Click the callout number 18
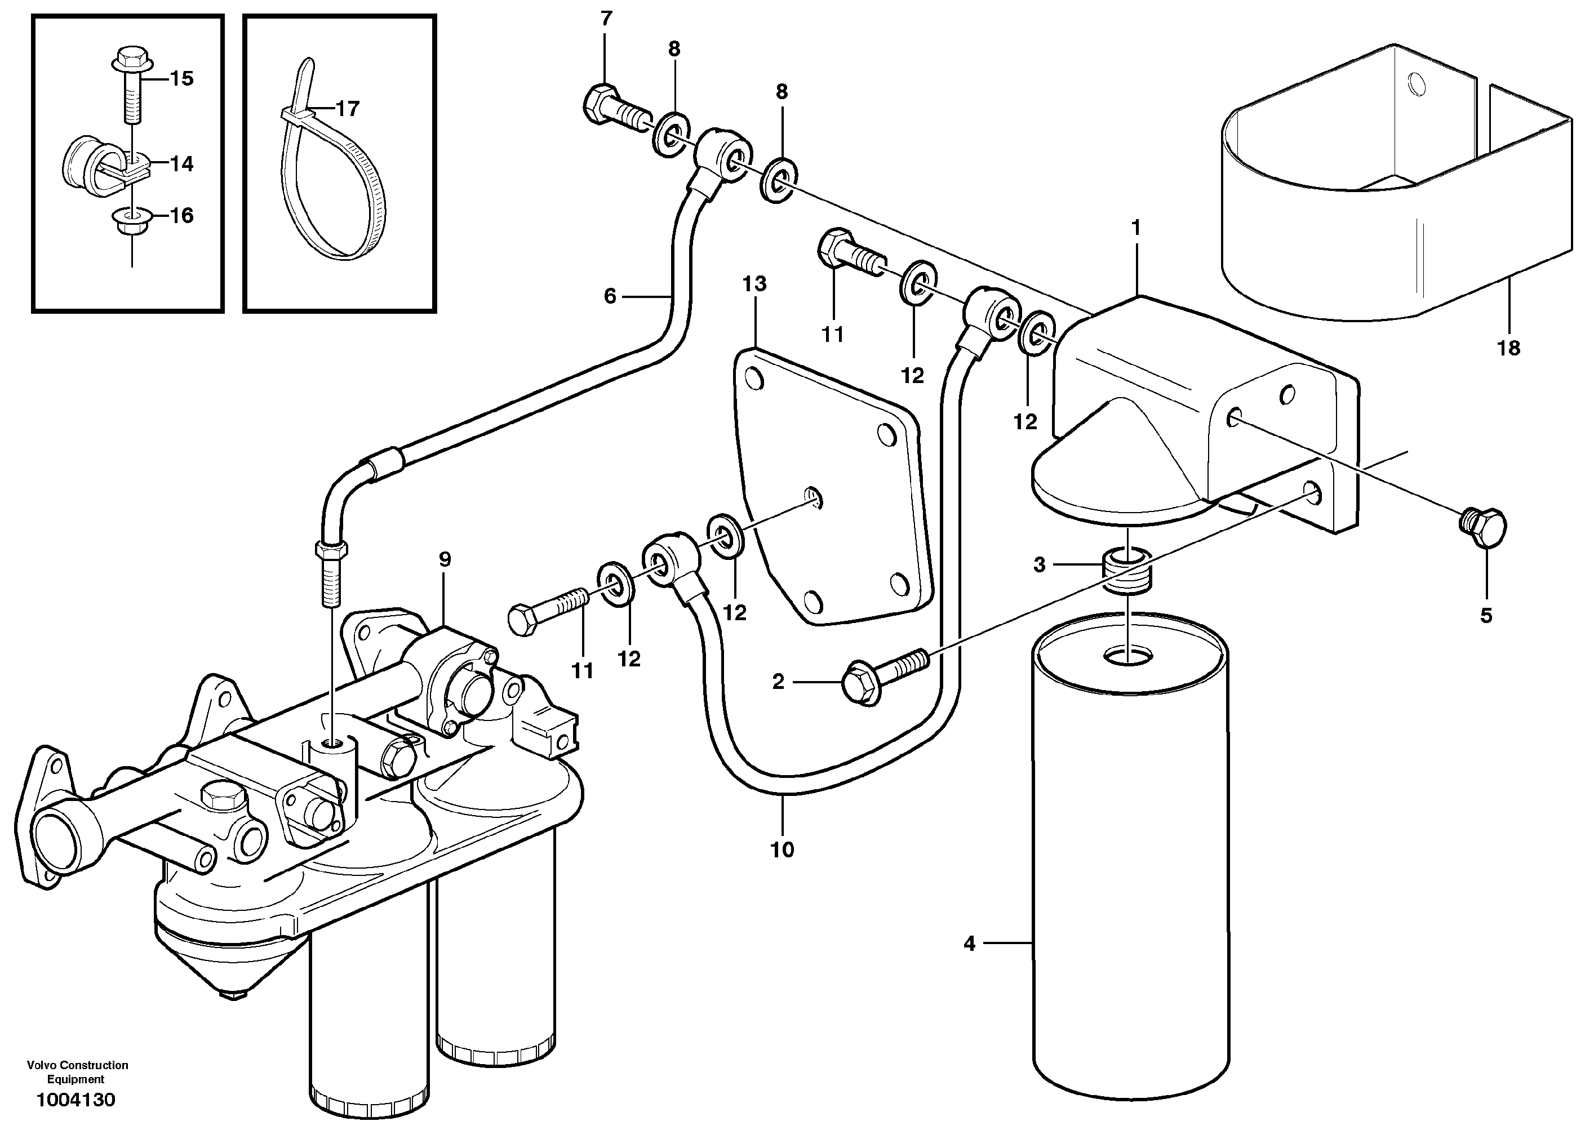pos(1508,348)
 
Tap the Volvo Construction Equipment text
pos(77,1072)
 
